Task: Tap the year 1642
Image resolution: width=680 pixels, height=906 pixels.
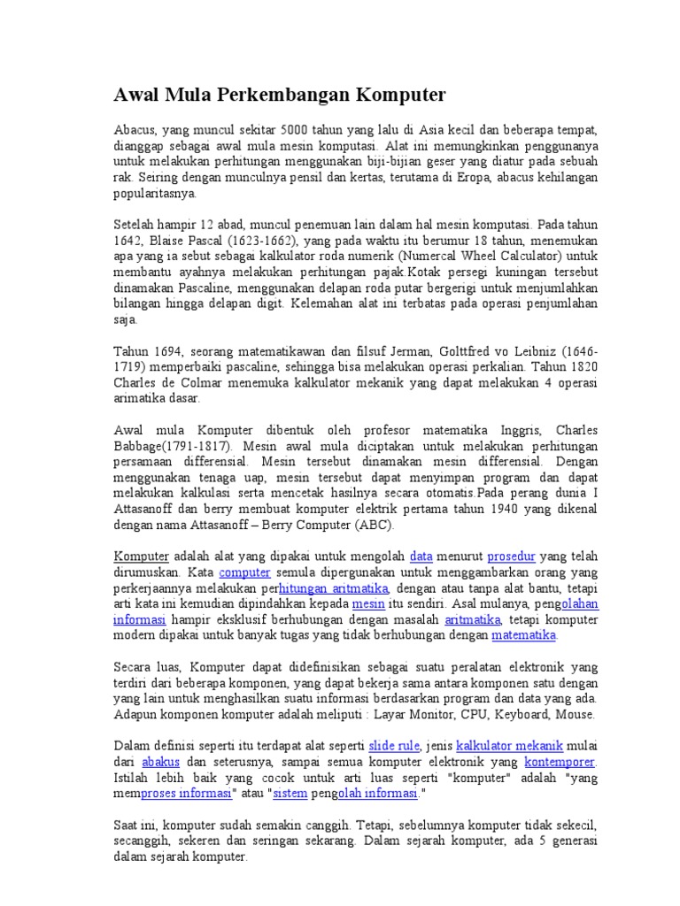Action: pyautogui.click(x=128, y=241)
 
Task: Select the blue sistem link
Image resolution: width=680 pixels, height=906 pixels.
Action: pyautogui.click(x=290, y=794)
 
